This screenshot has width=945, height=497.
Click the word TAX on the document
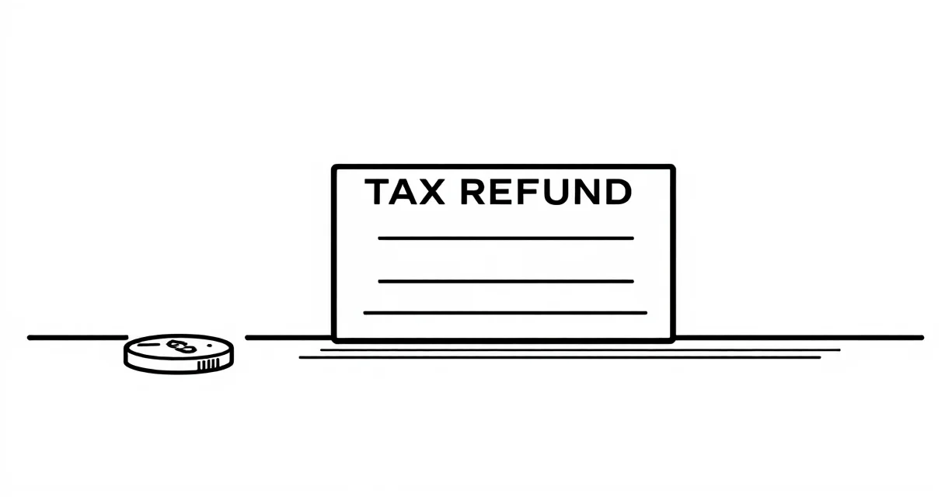405,192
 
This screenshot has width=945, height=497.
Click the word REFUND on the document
546,192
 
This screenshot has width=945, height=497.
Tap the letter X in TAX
431,192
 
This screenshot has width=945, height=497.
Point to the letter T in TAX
377,192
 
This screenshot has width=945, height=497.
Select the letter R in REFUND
472,192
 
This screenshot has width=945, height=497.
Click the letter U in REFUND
551,193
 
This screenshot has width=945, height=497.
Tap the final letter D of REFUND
619,192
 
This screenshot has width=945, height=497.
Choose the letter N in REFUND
586,192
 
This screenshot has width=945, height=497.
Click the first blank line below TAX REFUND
506,238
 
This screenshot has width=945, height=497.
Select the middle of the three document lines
506,281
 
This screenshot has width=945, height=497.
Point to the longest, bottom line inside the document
505,313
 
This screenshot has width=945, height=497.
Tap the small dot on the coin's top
209,346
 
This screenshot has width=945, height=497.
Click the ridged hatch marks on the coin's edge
208,365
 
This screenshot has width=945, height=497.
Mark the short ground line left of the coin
78,337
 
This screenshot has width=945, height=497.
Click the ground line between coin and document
288,337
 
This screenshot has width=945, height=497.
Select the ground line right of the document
800,337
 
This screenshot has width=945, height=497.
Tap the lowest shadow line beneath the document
560,357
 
